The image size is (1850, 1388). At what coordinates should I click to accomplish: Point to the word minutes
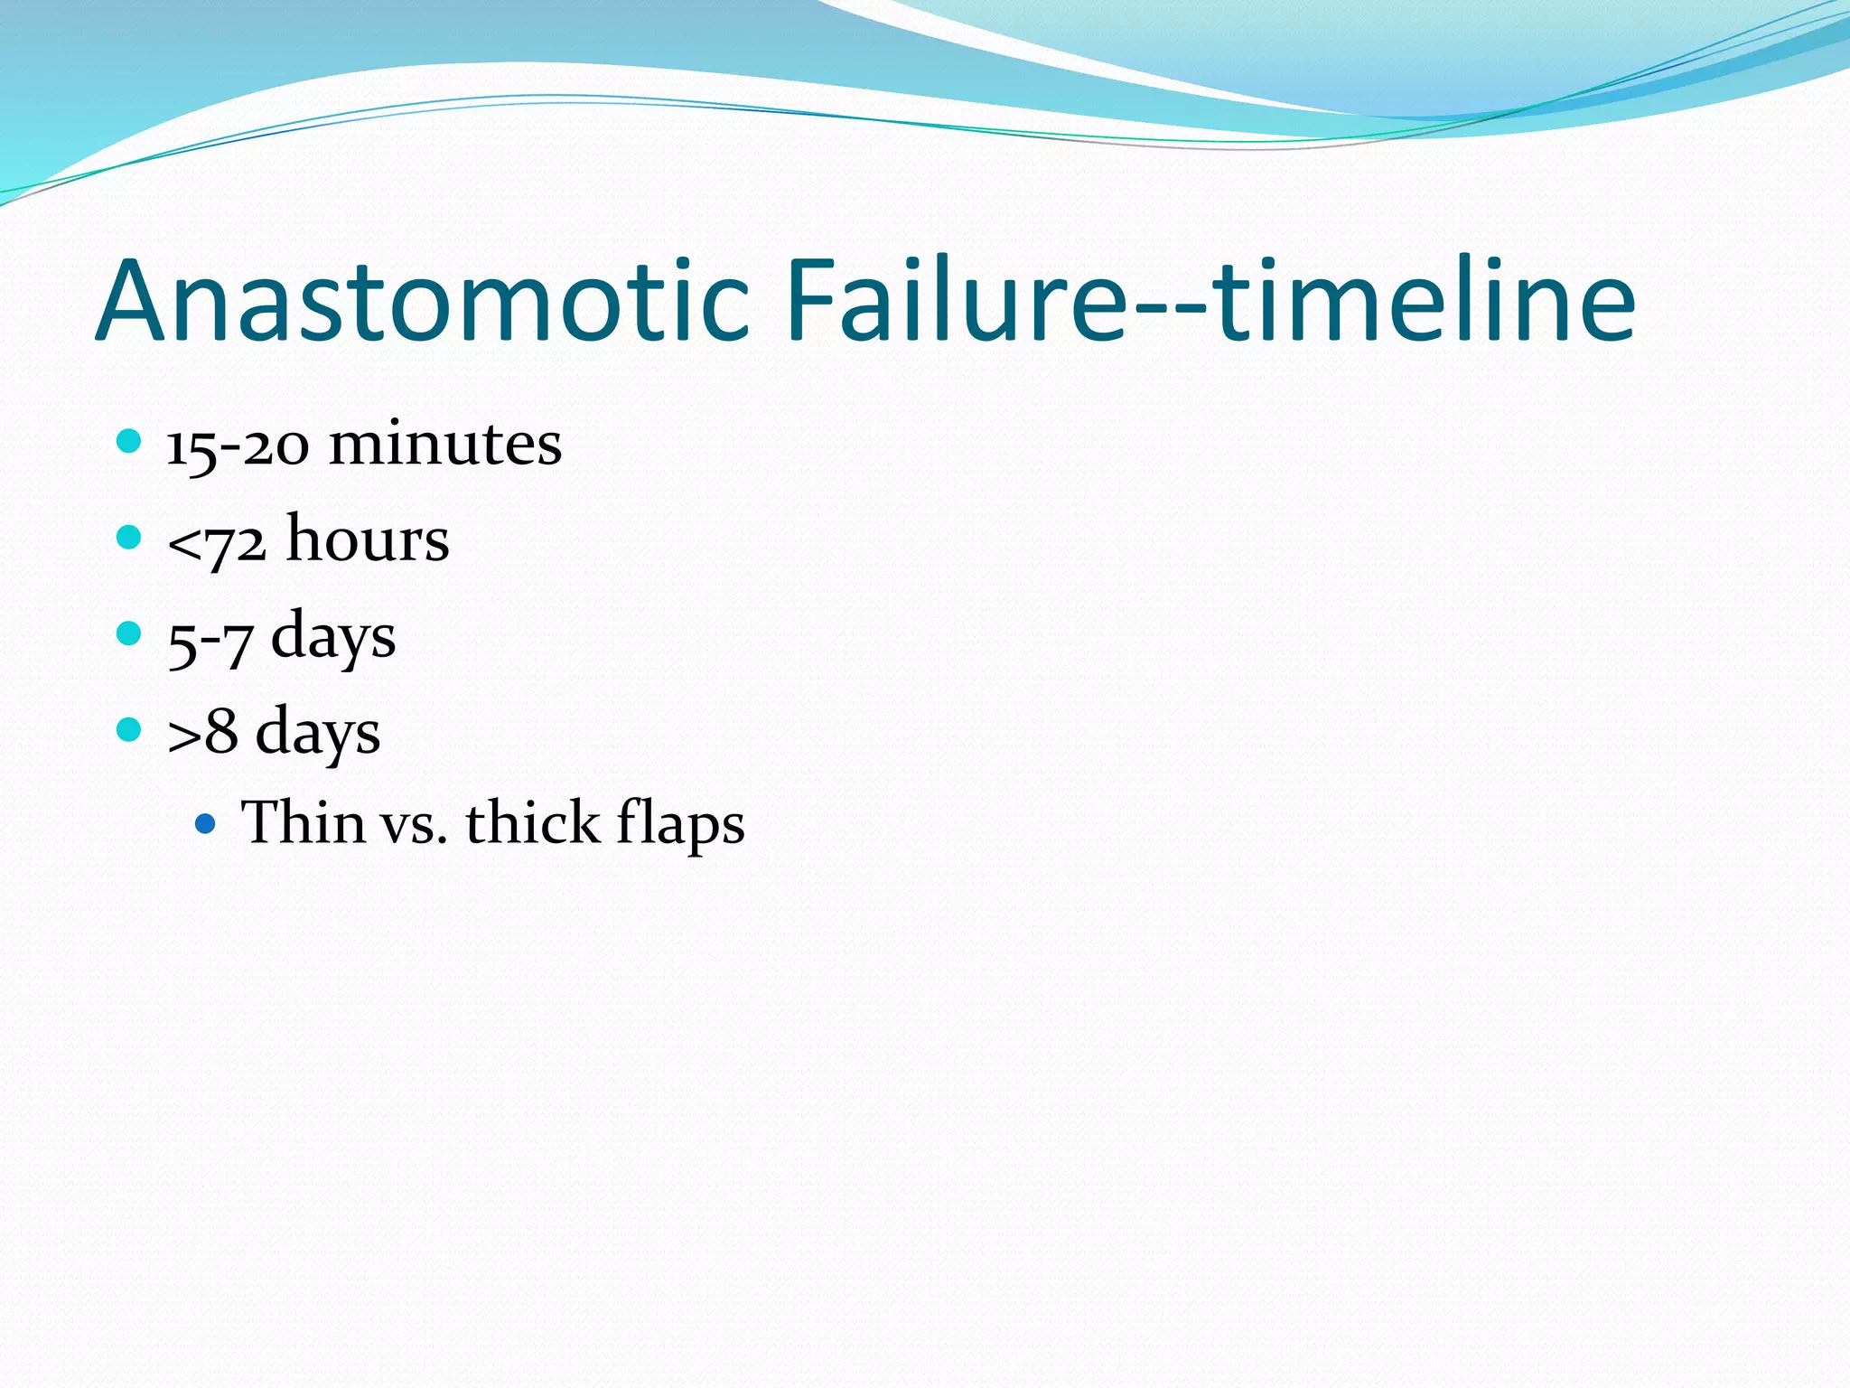pyautogui.click(x=444, y=445)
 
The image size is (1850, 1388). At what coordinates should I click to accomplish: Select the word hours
pyautogui.click(x=368, y=539)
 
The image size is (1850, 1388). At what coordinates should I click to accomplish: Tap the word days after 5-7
pyautogui.click(x=333, y=637)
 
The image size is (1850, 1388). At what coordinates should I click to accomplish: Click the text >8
pyautogui.click(x=202, y=733)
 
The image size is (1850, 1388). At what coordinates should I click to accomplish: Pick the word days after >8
pyautogui.click(x=318, y=733)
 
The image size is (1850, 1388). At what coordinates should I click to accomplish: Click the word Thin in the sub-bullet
pyautogui.click(x=303, y=823)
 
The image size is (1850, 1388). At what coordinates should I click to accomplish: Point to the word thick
pyautogui.click(x=532, y=823)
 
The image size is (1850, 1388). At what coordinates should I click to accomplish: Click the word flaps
pyautogui.click(x=680, y=825)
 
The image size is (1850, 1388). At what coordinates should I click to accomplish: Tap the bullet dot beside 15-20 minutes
pyautogui.click(x=130, y=442)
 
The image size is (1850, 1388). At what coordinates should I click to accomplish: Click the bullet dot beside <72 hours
pyautogui.click(x=130, y=538)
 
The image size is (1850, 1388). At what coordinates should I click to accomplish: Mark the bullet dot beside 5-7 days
pyautogui.click(x=130, y=633)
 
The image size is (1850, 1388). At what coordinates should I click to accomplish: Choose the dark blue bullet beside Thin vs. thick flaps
pyautogui.click(x=206, y=823)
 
